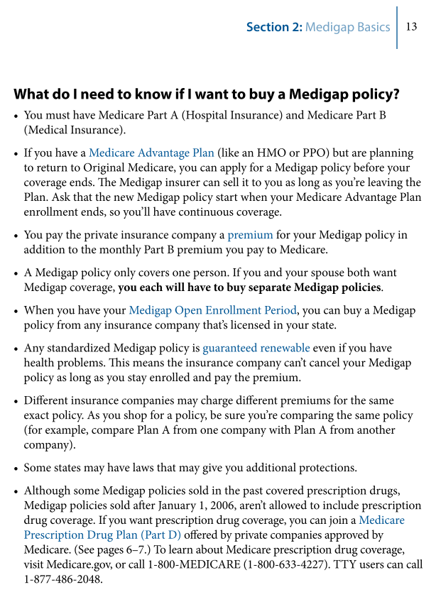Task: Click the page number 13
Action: click(x=411, y=27)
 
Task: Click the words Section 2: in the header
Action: click(x=273, y=27)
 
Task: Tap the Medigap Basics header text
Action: click(x=347, y=27)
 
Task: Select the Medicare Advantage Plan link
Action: click(x=141, y=153)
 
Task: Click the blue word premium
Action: click(x=250, y=234)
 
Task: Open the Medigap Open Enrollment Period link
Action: click(x=212, y=310)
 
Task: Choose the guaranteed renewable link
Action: click(x=256, y=348)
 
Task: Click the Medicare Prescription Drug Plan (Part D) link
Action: click(x=103, y=535)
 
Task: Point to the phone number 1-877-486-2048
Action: click(x=63, y=579)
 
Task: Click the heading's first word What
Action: click(x=34, y=94)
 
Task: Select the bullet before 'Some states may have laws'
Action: click(x=16, y=468)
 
